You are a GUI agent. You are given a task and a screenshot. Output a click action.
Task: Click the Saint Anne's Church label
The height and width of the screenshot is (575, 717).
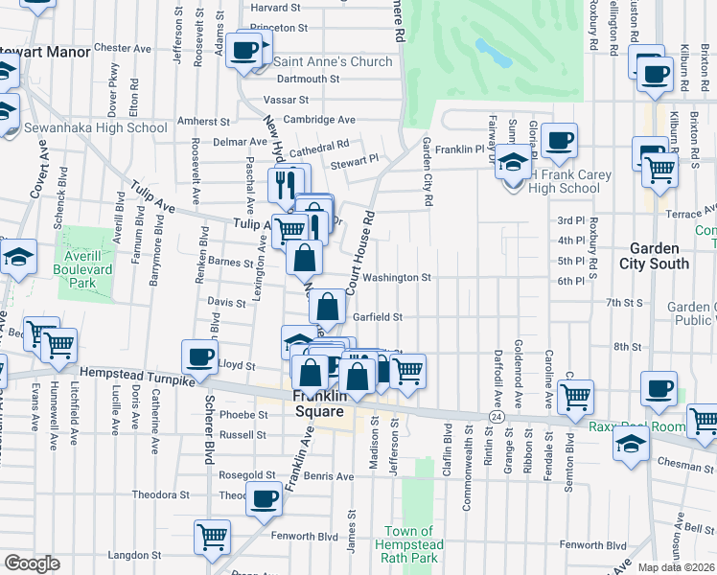[333, 61]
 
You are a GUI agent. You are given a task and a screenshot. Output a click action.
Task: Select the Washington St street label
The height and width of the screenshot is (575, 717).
[395, 278]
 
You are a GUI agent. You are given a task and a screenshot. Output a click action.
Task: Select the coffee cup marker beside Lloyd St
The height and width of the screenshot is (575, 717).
[199, 356]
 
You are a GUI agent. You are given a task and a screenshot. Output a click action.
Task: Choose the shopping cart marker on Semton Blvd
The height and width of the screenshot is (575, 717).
[575, 396]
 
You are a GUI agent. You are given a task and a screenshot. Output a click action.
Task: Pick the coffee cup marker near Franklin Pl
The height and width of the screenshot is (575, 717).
[560, 141]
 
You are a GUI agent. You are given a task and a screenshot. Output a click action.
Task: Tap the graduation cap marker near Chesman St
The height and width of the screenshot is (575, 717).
[631, 444]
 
